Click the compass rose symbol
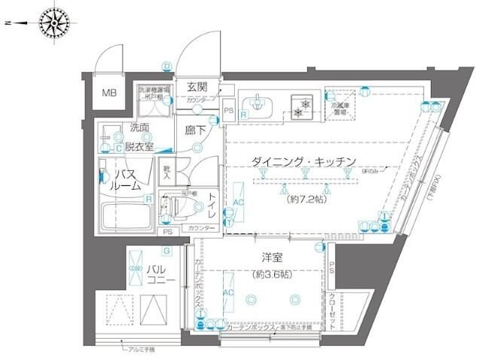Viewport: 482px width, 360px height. [x=53, y=23]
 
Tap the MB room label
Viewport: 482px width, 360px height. [x=111, y=93]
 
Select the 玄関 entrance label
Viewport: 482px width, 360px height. [x=197, y=87]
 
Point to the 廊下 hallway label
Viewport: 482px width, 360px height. [x=196, y=129]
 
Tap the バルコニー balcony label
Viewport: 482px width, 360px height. [x=160, y=274]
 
